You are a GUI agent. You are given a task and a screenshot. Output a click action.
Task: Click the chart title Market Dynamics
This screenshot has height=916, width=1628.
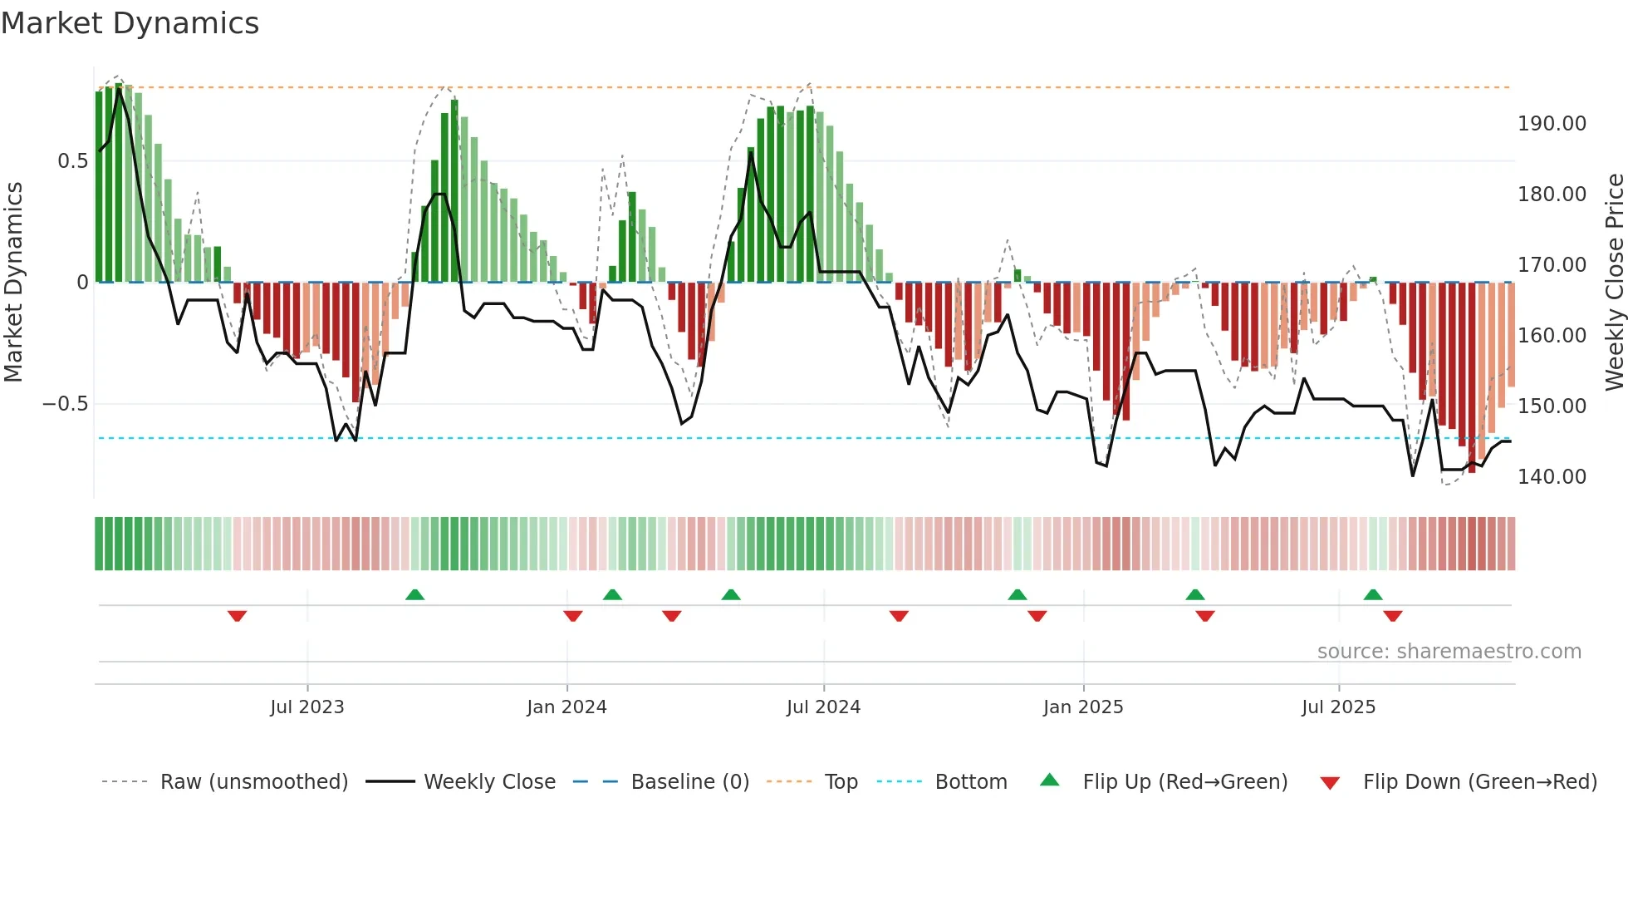tap(130, 23)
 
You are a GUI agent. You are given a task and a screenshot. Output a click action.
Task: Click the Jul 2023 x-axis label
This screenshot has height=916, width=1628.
tap(306, 707)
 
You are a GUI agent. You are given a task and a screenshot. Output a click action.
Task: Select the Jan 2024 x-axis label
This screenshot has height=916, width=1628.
tap(566, 707)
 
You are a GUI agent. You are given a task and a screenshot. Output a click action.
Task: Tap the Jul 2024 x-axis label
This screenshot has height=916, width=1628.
tap(823, 707)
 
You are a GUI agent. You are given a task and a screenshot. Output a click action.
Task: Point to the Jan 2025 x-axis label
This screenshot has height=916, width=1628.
tap(1083, 707)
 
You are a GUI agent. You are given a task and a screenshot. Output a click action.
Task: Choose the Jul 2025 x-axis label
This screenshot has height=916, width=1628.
tap(1338, 707)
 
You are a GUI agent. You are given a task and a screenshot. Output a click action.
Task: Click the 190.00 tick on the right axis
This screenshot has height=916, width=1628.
tap(1552, 124)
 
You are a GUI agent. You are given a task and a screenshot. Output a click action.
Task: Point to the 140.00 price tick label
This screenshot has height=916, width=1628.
tap(1552, 477)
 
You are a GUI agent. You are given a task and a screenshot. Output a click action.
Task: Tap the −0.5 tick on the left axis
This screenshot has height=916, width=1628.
tap(65, 404)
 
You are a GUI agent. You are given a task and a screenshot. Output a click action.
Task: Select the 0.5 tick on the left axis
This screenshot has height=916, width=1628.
tap(72, 161)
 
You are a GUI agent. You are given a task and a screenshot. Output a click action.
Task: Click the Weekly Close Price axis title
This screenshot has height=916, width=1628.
tap(1614, 282)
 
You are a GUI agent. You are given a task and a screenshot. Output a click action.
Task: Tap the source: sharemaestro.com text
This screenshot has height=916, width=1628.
tap(1449, 652)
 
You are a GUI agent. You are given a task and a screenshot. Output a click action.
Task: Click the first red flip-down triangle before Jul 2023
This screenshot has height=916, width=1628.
tap(237, 616)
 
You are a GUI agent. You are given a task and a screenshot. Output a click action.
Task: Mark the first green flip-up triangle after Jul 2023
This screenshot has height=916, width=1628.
tap(414, 594)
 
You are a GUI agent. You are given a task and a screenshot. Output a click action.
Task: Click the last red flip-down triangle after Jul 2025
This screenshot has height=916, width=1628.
tap(1393, 616)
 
